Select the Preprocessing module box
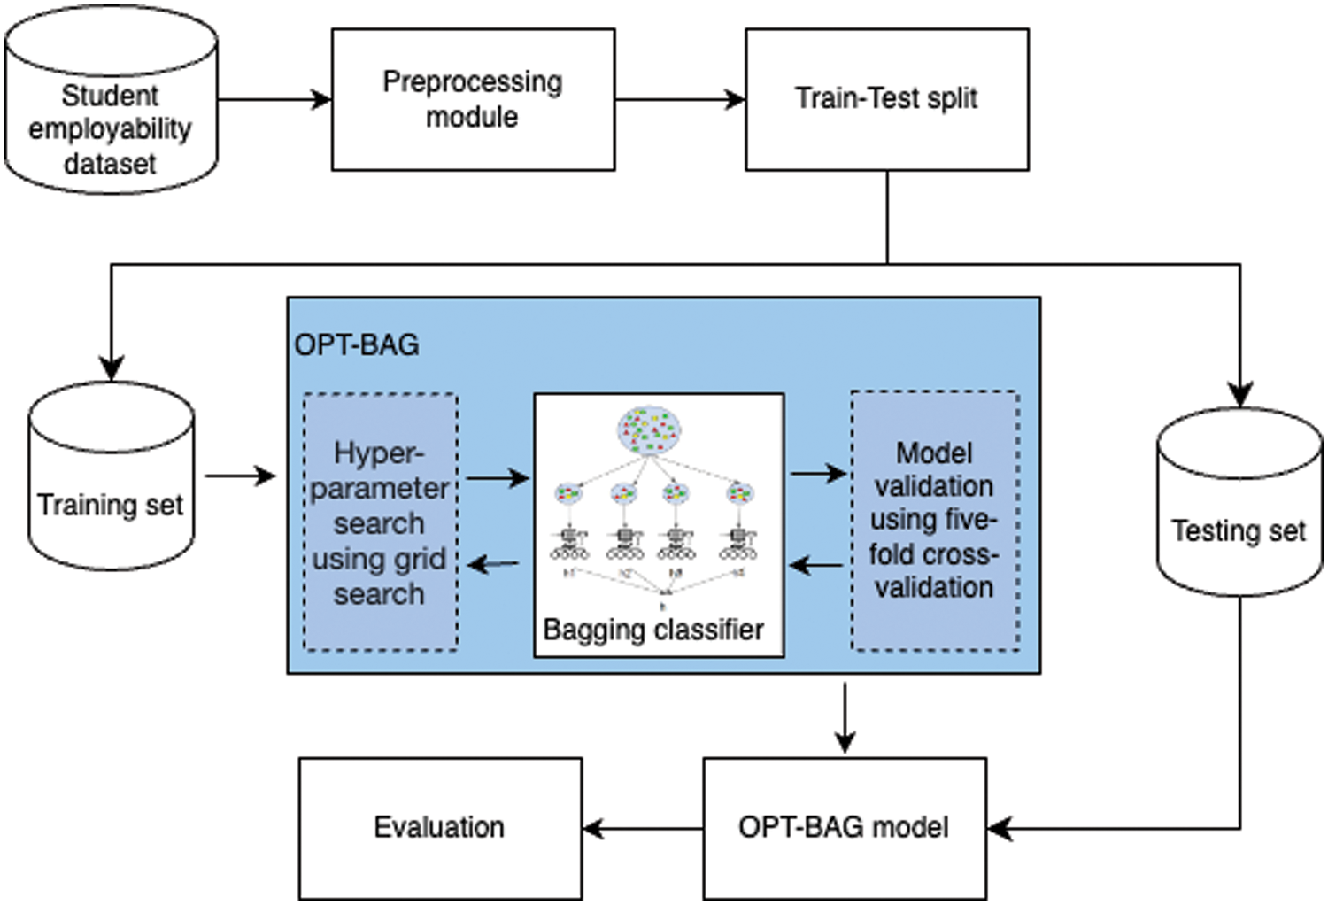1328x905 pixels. (473, 99)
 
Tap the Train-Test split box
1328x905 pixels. (886, 99)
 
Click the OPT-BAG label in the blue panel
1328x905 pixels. (357, 344)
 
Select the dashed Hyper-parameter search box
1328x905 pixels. (380, 522)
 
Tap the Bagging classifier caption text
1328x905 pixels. (653, 630)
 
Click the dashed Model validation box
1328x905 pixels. (934, 521)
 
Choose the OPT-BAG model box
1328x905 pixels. (844, 827)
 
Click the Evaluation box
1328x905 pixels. (440, 827)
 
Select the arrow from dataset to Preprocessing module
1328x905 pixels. (274, 99)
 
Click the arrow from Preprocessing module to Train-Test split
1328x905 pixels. (679, 99)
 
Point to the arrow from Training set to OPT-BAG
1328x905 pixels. (240, 476)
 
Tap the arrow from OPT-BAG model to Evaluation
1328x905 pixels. (643, 829)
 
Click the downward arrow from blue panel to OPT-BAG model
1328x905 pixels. (845, 717)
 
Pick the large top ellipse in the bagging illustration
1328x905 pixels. (648, 429)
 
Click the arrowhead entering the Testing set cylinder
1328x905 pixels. (1240, 394)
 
